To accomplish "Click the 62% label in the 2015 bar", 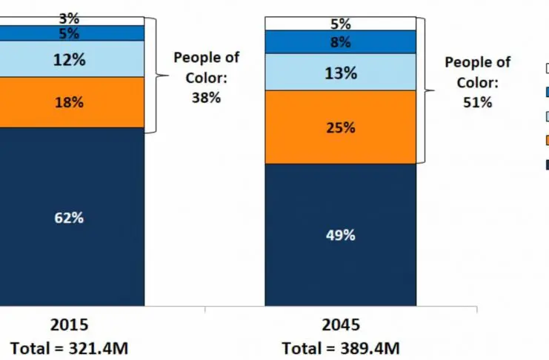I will tap(70, 219).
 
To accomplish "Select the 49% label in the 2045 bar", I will tap(341, 236).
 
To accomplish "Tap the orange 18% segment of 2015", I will tap(70, 103).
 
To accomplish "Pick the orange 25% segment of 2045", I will tap(341, 127).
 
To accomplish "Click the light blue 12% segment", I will tap(70, 60).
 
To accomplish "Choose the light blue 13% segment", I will tap(341, 73).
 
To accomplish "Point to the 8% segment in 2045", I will tap(341, 42).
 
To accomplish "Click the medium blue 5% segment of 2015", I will tap(70, 33).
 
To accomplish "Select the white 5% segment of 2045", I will tap(341, 24).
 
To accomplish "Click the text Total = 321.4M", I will tap(70, 347).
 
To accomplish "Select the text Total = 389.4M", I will tap(341, 347).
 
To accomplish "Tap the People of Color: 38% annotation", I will tap(205, 77).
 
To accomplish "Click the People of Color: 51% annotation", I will tap(477, 82).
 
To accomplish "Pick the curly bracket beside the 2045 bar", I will tap(425, 90).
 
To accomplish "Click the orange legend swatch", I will tap(546, 139).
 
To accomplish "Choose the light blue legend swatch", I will tap(546, 116).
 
